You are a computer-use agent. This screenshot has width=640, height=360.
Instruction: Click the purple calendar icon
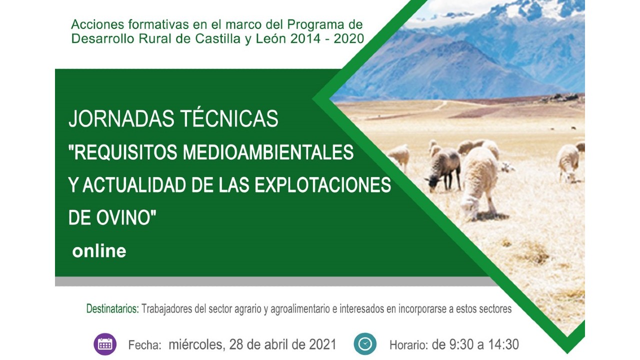(105, 344)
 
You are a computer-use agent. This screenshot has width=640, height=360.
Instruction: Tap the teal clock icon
(365, 344)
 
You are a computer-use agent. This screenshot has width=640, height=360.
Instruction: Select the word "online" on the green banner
(99, 251)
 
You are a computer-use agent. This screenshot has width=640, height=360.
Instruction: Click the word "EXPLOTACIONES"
(322, 184)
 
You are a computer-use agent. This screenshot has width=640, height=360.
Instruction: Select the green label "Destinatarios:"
(112, 309)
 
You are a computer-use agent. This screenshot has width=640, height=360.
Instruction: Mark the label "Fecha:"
(145, 345)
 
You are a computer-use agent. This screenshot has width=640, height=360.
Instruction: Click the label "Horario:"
(409, 345)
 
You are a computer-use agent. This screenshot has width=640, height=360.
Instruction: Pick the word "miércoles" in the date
(195, 344)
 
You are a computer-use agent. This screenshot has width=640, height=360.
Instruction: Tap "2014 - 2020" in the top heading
(327, 39)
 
